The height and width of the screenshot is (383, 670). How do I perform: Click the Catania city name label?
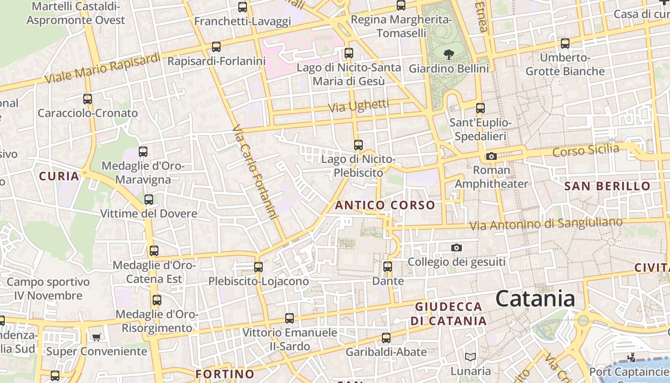pyautogui.click(x=535, y=299)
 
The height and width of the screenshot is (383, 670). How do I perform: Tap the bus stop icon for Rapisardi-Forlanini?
pyautogui.click(x=216, y=47)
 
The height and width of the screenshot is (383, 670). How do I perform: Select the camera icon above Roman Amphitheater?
pyautogui.click(x=491, y=156)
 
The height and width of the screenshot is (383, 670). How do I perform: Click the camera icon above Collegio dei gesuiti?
pyautogui.click(x=457, y=248)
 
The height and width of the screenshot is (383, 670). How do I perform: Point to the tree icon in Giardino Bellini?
pyautogui.click(x=448, y=54)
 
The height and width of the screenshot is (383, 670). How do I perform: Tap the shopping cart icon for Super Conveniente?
pyautogui.click(x=96, y=337)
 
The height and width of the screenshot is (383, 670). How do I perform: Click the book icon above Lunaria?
pyautogui.click(x=470, y=357)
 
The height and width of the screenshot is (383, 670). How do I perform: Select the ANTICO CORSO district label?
pyautogui.click(x=385, y=206)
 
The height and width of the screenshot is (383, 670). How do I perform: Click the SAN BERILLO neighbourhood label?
pyautogui.click(x=607, y=186)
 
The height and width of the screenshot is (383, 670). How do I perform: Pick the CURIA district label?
pyautogui.click(x=59, y=176)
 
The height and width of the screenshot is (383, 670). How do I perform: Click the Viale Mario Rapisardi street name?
pyautogui.click(x=103, y=68)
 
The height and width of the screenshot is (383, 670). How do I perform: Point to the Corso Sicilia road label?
pyautogui.click(x=585, y=150)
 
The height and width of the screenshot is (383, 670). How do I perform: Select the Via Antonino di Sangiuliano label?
pyautogui.click(x=546, y=224)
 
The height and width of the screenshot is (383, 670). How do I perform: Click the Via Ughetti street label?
pyautogui.click(x=358, y=106)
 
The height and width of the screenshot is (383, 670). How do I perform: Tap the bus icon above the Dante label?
pyautogui.click(x=388, y=266)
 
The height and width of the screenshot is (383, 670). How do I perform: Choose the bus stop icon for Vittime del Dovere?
pyautogui.click(x=149, y=200)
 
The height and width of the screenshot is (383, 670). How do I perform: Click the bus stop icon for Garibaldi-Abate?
pyautogui.click(x=386, y=338)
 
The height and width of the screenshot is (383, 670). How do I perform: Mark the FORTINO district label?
pyautogui.click(x=225, y=374)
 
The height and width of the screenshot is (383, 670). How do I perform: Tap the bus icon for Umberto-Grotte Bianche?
pyautogui.click(x=565, y=44)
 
